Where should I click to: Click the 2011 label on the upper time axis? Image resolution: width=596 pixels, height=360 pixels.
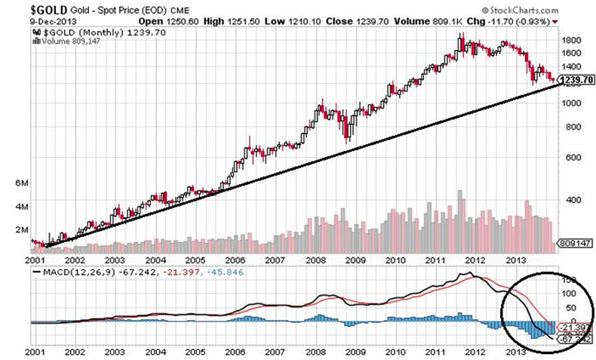433,259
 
